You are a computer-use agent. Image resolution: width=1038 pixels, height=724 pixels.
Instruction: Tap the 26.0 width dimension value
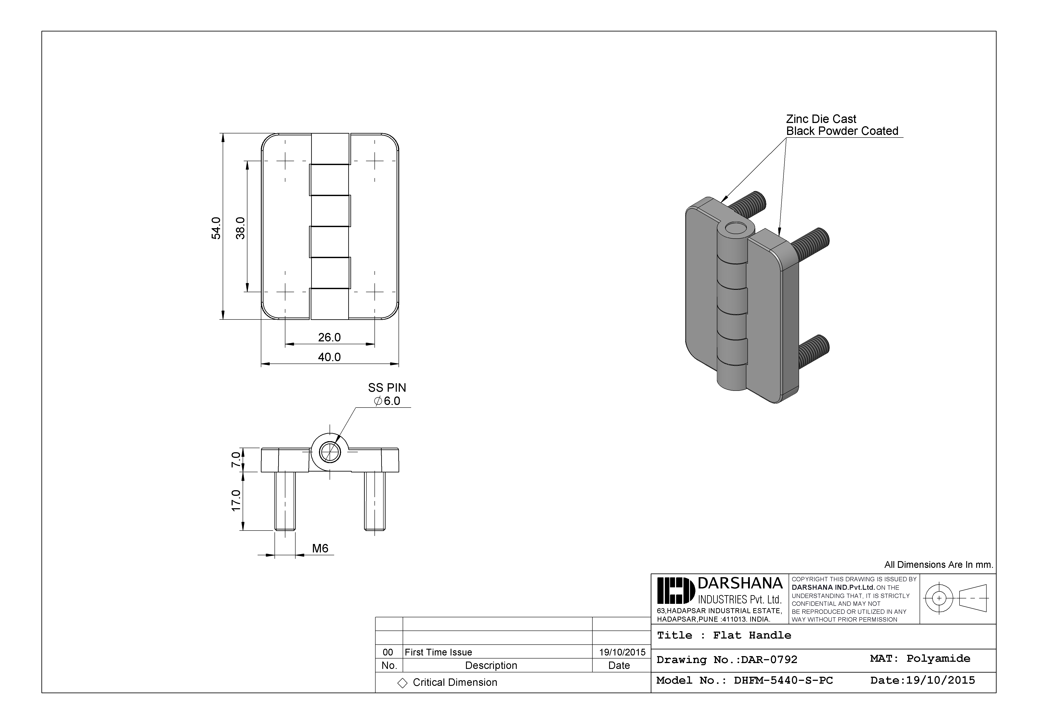[x=329, y=337]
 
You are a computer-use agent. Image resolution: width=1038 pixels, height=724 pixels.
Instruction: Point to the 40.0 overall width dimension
[x=329, y=357]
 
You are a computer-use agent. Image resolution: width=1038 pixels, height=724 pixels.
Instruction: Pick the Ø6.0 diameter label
[x=387, y=401]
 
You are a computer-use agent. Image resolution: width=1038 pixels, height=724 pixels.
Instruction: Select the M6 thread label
[x=320, y=549]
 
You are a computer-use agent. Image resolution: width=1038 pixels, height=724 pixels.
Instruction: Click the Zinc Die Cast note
[x=821, y=119]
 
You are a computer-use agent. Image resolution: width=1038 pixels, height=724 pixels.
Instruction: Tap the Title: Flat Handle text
[x=724, y=635]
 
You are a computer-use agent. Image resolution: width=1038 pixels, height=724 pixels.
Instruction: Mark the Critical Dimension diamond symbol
[x=402, y=683]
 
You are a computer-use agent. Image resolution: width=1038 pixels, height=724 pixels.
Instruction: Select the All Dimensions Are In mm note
[x=938, y=565]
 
